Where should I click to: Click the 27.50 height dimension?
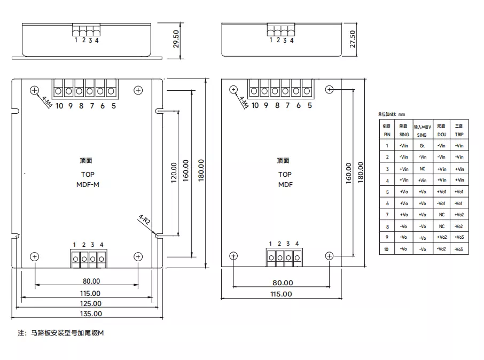tap(352, 39)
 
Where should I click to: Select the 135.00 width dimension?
tap(90, 314)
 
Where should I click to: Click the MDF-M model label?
tap(88, 185)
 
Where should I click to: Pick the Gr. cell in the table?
tap(422, 145)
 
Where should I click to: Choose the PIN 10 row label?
tap(387, 249)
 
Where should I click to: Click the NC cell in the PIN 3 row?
tap(422, 169)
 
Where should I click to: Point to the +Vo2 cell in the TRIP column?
tap(459, 215)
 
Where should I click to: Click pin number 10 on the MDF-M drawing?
tap(59, 106)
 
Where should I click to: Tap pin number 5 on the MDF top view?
tap(309, 106)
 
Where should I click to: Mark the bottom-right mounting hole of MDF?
tap(330, 256)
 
